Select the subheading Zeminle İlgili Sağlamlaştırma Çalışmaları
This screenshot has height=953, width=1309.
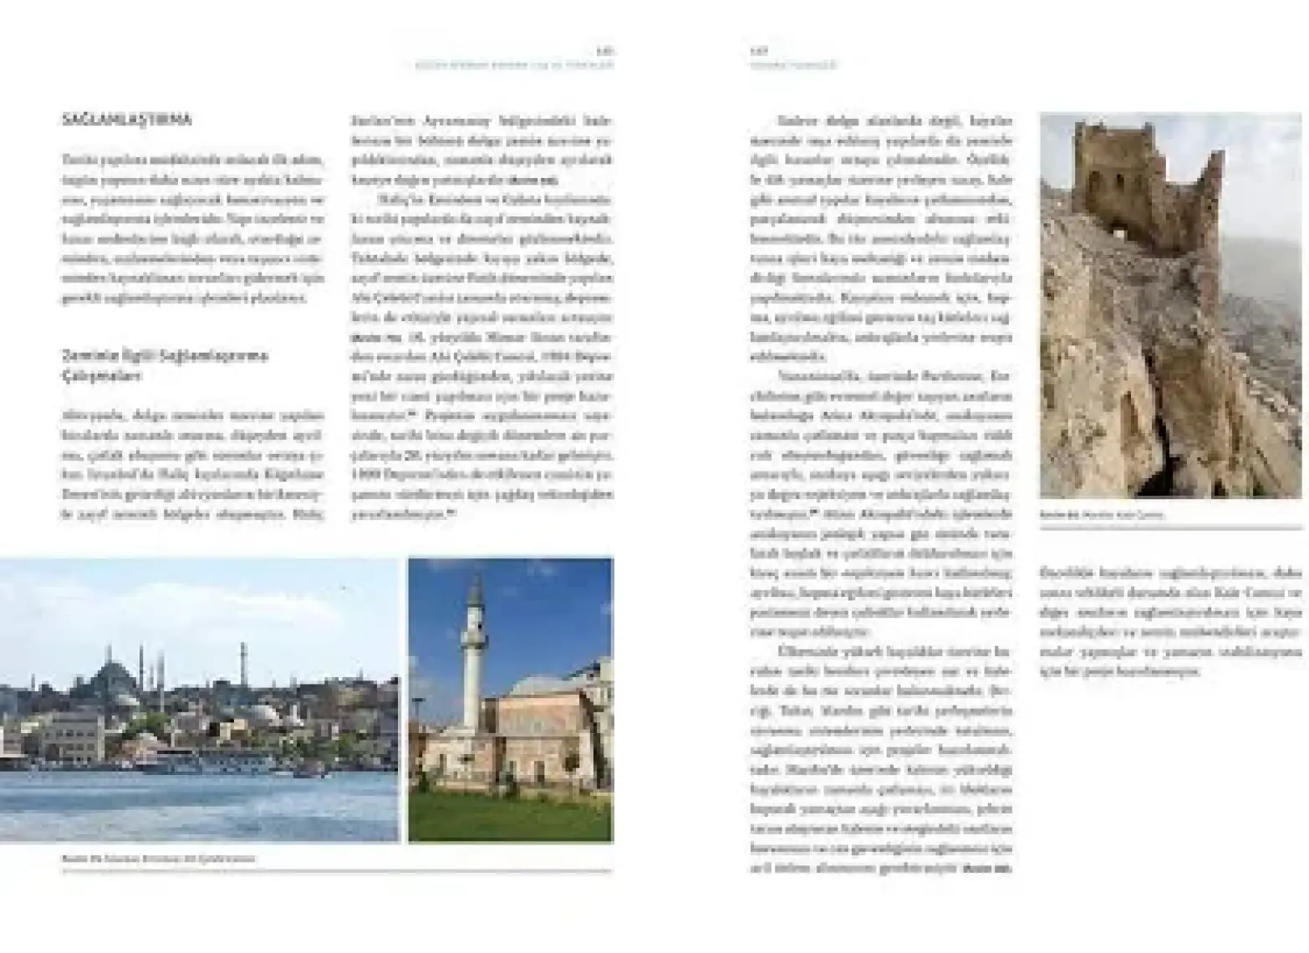tap(164, 365)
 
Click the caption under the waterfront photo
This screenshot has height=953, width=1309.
tap(159, 859)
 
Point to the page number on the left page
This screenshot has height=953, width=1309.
tap(606, 51)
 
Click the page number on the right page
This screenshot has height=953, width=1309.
tap(757, 51)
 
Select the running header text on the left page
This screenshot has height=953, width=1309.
tap(514, 64)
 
